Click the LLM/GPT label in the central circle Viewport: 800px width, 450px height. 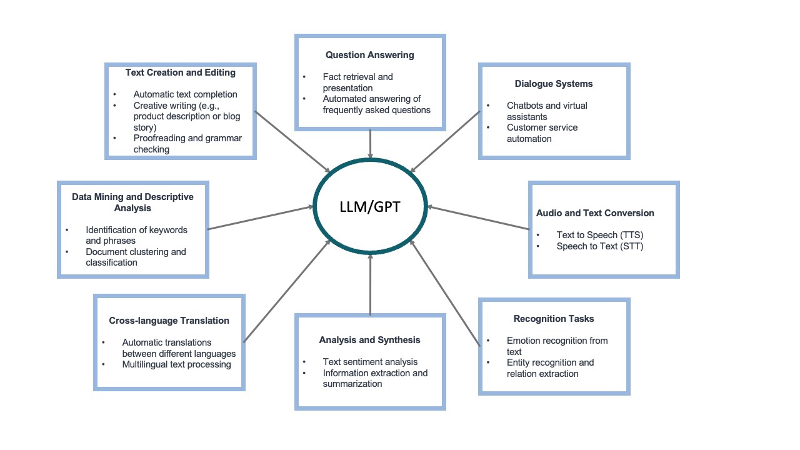pyautogui.click(x=370, y=206)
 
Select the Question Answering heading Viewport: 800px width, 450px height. pyautogui.click(x=369, y=55)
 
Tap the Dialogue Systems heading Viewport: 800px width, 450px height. pyautogui.click(x=554, y=84)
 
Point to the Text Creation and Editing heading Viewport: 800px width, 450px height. pyautogui.click(x=180, y=72)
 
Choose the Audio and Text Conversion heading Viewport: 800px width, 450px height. pyautogui.click(x=595, y=213)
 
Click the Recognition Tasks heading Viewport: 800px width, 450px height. pyautogui.click(x=554, y=319)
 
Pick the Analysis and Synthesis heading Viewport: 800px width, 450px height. pyautogui.click(x=369, y=340)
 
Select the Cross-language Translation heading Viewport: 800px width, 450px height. pyautogui.click(x=169, y=321)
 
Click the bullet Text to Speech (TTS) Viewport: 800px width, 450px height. pyautogui.click(x=599, y=235)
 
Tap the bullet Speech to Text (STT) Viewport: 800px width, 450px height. pyautogui.click(x=599, y=246)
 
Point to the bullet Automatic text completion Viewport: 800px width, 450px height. pyautogui.click(x=185, y=94)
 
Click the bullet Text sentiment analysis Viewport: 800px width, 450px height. pyautogui.click(x=370, y=362)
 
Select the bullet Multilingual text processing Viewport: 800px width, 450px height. pyautogui.click(x=176, y=364)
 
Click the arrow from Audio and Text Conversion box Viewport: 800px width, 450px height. pyautogui.click(x=478, y=218)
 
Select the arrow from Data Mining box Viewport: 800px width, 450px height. pyautogui.click(x=260, y=217)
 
